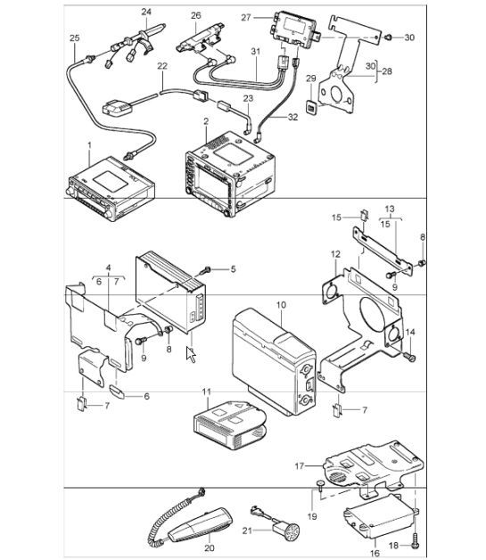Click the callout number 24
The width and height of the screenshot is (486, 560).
146,12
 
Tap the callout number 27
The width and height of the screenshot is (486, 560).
246,17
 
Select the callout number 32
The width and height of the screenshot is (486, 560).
292,117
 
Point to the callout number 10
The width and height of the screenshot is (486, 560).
281,305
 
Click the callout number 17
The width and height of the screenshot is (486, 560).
300,466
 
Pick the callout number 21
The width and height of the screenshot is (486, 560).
247,531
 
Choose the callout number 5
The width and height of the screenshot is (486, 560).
233,269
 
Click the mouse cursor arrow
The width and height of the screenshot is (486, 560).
191,354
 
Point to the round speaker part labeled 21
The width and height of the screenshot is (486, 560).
286,529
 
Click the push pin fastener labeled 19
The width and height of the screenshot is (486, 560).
320,484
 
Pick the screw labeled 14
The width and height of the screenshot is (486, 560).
410,357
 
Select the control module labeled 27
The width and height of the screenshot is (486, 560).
294,26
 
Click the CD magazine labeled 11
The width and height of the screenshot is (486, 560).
229,424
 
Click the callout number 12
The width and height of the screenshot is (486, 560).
335,254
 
